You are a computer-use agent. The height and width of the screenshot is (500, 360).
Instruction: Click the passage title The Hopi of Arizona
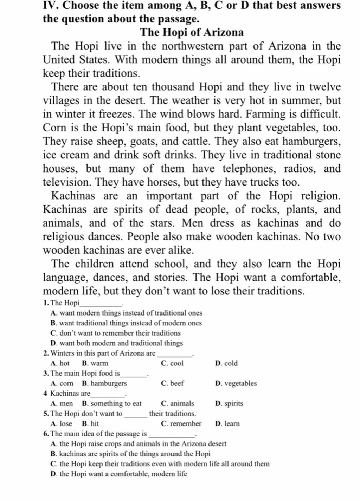[192, 32]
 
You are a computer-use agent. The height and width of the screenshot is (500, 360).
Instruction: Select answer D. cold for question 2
[226, 363]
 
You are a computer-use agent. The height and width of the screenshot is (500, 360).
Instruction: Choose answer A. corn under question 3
[62, 383]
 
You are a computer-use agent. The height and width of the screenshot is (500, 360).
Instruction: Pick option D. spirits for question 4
[229, 403]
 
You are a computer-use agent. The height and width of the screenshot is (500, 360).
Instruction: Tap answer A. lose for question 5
[61, 423]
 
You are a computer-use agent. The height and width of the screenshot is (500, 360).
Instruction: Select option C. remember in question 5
[181, 423]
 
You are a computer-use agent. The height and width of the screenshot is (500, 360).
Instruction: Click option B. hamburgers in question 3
[104, 383]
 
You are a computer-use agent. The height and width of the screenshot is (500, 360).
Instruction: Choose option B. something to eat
[111, 403]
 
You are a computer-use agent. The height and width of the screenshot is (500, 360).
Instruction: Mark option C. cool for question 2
[172, 363]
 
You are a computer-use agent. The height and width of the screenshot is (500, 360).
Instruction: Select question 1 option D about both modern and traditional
[117, 343]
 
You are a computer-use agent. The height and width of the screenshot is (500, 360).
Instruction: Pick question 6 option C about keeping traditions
[160, 464]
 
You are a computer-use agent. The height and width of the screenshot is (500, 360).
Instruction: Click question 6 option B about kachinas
[130, 454]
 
